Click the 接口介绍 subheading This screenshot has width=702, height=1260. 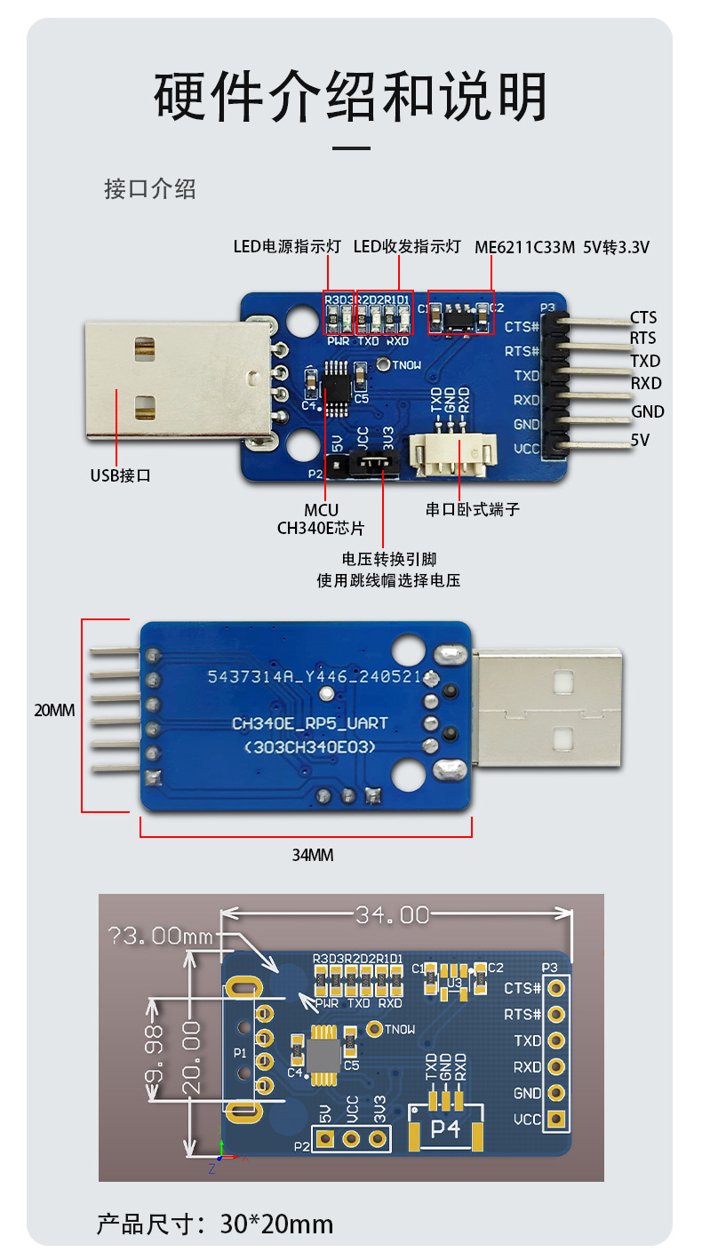tap(150, 189)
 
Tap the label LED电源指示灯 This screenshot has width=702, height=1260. tap(286, 247)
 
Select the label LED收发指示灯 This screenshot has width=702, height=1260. tap(407, 247)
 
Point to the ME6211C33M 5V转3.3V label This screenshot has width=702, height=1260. tap(562, 247)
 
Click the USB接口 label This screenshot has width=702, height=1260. tap(121, 475)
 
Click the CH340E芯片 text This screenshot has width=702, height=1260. tap(321, 528)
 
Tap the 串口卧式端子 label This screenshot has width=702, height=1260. tap(472, 510)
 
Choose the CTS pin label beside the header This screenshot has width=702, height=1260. tap(643, 317)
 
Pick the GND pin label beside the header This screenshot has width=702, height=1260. tap(648, 411)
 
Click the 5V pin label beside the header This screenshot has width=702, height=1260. tap(641, 439)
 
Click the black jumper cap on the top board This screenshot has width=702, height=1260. tap(376, 462)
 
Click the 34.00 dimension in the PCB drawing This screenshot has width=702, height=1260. tap(392, 914)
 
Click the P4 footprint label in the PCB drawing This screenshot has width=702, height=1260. tap(446, 1129)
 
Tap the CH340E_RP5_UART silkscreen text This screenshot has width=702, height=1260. tap(310, 723)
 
